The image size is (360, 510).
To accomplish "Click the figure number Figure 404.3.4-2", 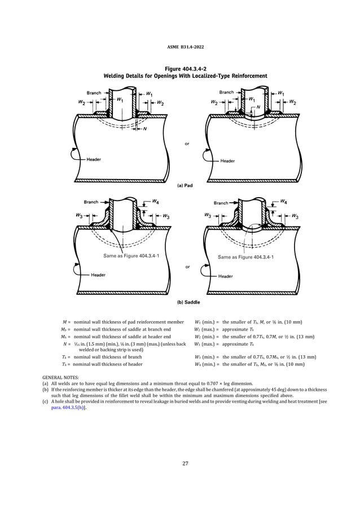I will [181, 68].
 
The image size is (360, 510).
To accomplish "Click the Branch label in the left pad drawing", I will [94, 93].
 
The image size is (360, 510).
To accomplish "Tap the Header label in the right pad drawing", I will [228, 161].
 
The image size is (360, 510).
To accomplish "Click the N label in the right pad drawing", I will [258, 106].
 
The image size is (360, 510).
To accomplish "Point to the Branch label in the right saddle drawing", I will [221, 203].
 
